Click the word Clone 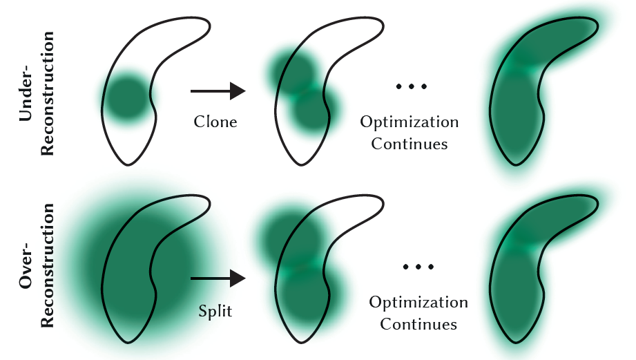click(215, 122)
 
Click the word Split click(215, 311)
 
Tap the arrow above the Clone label click(218, 91)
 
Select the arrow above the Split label click(218, 278)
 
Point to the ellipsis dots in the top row click(412, 87)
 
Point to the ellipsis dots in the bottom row click(419, 266)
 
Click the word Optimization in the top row click(409, 122)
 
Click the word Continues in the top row click(409, 144)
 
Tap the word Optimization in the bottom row click(418, 303)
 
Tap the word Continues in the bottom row click(418, 324)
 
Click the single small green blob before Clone click(127, 97)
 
